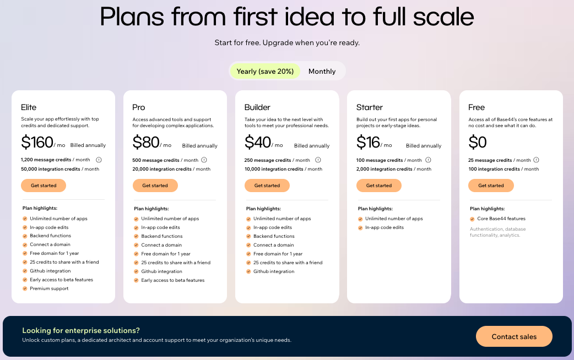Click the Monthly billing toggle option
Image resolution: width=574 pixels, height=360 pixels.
pyautogui.click(x=322, y=71)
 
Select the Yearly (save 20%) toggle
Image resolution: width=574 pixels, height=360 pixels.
pyautogui.click(x=265, y=71)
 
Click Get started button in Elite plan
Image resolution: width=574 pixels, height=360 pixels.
pyautogui.click(x=44, y=186)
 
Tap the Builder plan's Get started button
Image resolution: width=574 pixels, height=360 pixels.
pyautogui.click(x=267, y=186)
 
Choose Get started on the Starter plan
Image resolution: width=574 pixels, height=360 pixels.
pyautogui.click(x=379, y=186)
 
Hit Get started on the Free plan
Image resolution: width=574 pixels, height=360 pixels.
pyautogui.click(x=491, y=186)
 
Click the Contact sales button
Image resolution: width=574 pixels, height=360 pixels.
pyautogui.click(x=514, y=336)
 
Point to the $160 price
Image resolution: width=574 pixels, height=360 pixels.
pyautogui.click(x=37, y=143)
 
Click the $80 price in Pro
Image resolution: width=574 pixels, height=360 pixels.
pyautogui.click(x=146, y=143)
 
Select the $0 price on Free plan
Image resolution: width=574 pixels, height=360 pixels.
pyautogui.click(x=478, y=143)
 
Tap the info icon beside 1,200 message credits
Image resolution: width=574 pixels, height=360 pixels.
pyautogui.click(x=99, y=160)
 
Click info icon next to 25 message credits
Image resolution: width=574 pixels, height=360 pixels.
pyautogui.click(x=536, y=160)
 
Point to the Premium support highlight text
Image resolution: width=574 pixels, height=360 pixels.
pyautogui.click(x=49, y=288)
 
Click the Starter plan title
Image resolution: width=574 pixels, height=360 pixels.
pyautogui.click(x=370, y=107)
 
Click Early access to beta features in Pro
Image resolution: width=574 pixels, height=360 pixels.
pyautogui.click(x=172, y=280)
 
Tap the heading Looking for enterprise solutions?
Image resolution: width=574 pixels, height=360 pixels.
pyautogui.click(x=81, y=330)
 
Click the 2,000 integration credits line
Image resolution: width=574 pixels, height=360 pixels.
pyautogui.click(x=393, y=169)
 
